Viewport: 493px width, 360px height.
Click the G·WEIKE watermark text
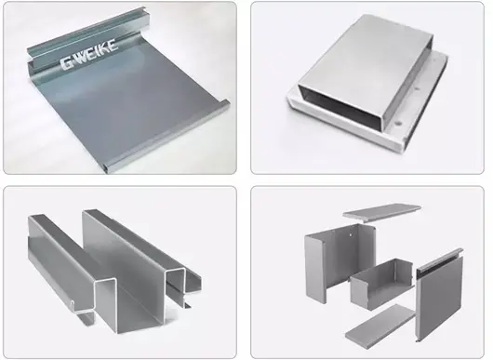coord(89,54)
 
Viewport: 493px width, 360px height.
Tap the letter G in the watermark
coord(67,63)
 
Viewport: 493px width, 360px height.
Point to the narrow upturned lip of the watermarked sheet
coord(167,135)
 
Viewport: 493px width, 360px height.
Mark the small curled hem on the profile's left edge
coord(73,304)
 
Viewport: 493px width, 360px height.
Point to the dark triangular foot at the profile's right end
coord(188,304)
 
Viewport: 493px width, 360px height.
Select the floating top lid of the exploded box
coord(381,212)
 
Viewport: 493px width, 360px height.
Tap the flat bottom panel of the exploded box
coord(380,323)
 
